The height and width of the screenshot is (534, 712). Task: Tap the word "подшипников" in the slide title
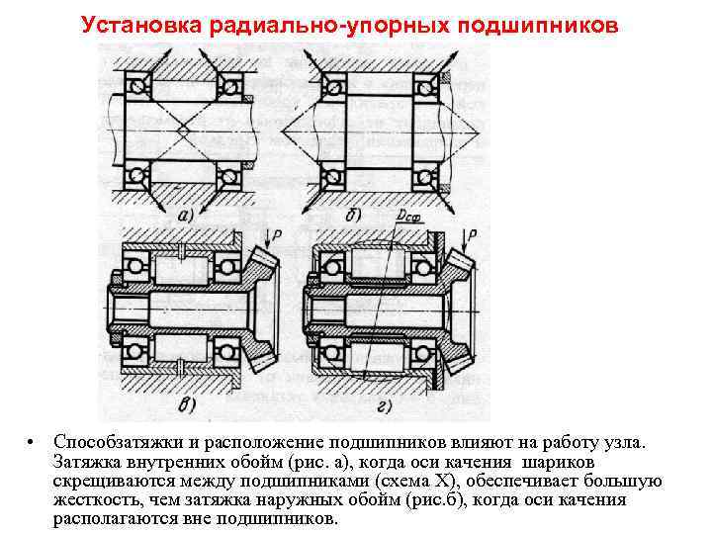pyautogui.click(x=534, y=23)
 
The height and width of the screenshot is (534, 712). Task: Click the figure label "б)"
pyautogui.click(x=351, y=215)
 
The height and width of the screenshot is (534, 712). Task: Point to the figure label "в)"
pyautogui.click(x=186, y=403)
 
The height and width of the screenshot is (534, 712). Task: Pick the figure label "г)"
pyautogui.click(x=382, y=403)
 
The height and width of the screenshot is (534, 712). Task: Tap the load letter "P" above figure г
pyautogui.click(x=473, y=234)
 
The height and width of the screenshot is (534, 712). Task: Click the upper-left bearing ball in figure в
pyautogui.click(x=132, y=265)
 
